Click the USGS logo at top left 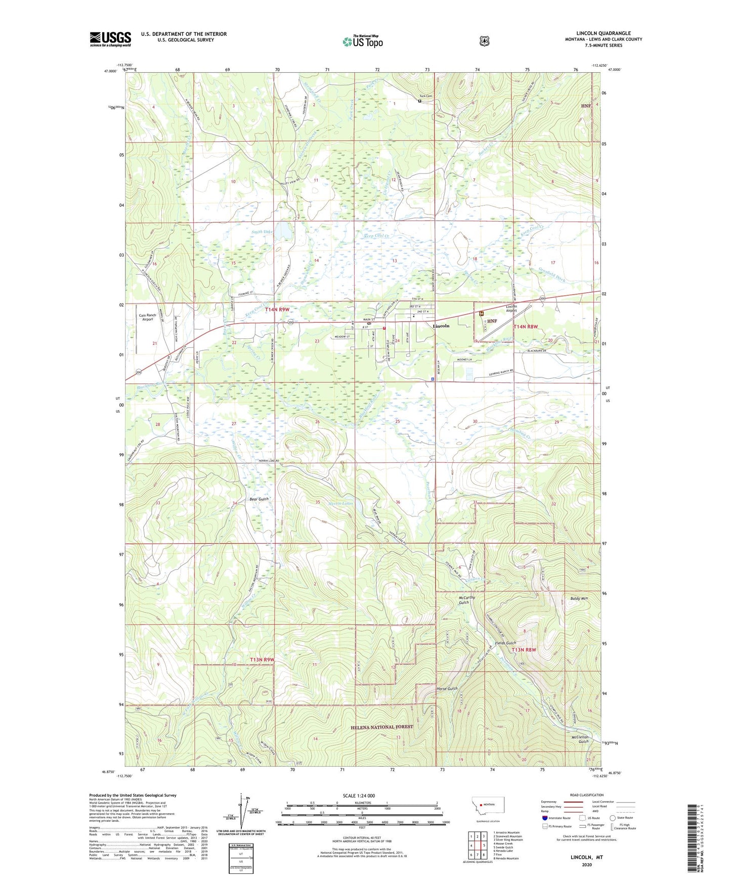point(110,39)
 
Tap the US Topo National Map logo point(362,41)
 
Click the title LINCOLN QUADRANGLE point(604,33)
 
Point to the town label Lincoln point(441,326)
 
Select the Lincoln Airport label point(511,308)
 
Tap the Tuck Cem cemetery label point(425,96)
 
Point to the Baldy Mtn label point(579,598)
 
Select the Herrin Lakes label point(341,504)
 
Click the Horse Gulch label point(447,689)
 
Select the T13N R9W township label point(262,659)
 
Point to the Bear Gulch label point(259,499)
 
